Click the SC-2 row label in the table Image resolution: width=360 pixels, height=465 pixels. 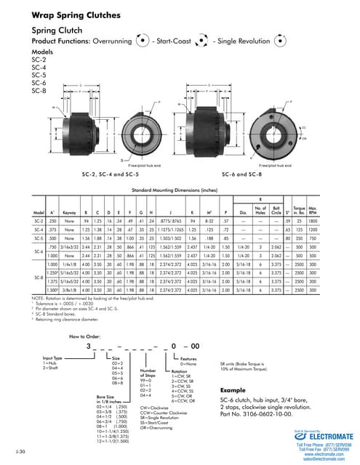[x=39, y=219]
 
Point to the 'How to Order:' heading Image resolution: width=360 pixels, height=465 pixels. [x=85, y=338]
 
